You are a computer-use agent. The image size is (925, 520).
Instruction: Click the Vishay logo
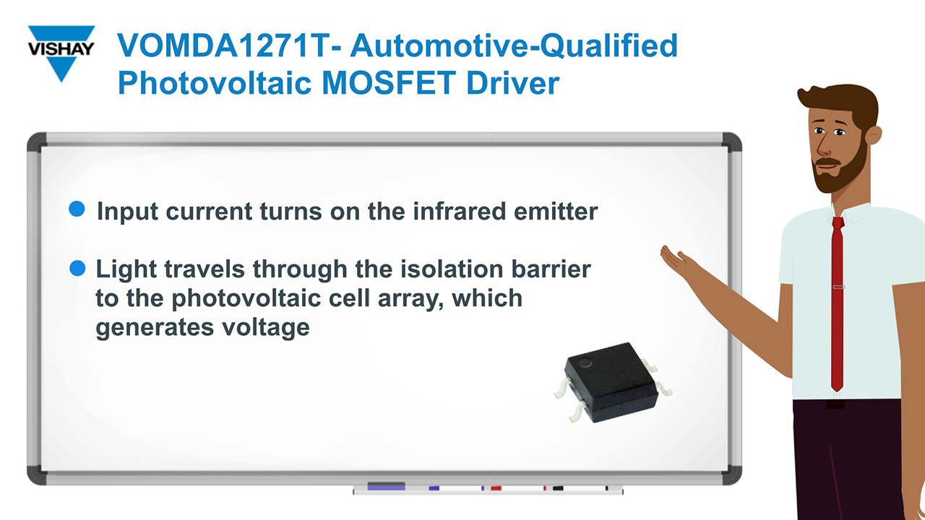[61, 52]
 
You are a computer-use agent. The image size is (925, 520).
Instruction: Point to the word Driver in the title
[512, 83]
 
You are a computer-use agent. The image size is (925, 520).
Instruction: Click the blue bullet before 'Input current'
[77, 209]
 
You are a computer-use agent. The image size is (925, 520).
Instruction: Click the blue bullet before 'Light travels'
[77, 269]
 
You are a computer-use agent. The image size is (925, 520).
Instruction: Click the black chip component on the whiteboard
[611, 381]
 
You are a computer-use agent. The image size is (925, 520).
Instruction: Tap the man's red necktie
[837, 303]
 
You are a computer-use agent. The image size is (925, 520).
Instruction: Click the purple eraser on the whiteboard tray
[386, 487]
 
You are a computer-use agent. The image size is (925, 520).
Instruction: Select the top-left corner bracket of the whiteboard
[36, 142]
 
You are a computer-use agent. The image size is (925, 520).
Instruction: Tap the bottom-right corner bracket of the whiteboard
[731, 474]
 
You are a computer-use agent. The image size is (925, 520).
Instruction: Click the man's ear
[872, 136]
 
